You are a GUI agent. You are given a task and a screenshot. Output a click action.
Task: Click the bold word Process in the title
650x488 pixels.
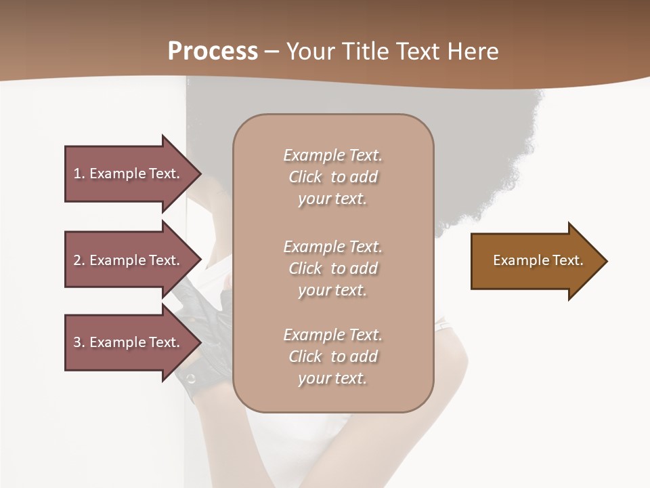point(213,52)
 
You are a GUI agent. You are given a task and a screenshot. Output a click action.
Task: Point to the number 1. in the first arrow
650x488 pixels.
point(79,174)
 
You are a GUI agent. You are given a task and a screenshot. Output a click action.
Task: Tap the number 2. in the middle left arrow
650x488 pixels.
point(79,260)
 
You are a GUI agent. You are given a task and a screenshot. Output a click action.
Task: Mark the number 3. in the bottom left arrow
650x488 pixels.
point(79,342)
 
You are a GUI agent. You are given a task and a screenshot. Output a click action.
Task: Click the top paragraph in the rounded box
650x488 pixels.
point(332,177)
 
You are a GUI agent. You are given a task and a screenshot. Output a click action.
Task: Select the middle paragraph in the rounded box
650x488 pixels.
point(332,268)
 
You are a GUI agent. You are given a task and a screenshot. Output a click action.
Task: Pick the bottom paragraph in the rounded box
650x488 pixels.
point(332,357)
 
